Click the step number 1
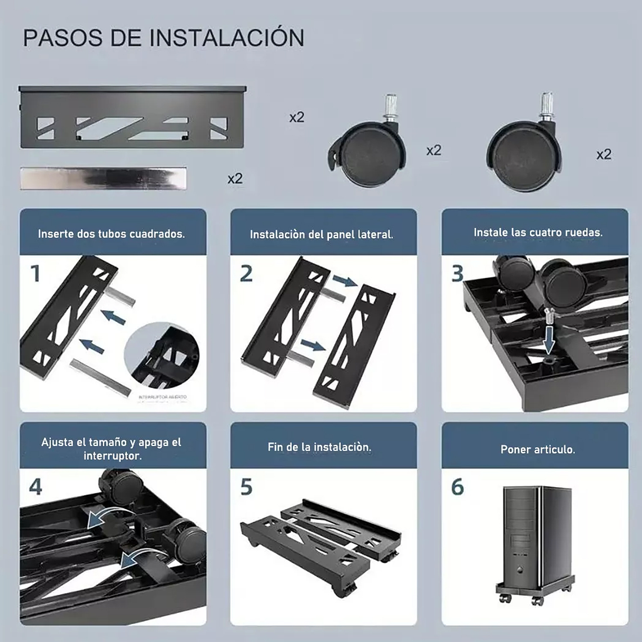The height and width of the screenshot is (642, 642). tap(35, 274)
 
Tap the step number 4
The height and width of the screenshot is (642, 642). tap(35, 487)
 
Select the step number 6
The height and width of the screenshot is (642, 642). tap(457, 487)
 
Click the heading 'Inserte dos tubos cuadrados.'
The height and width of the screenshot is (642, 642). tap(112, 234)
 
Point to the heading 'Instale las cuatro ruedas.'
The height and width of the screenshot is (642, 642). tap(538, 232)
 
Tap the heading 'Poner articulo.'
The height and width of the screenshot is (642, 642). tap(538, 449)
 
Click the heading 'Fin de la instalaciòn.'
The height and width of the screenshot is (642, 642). tap(319, 447)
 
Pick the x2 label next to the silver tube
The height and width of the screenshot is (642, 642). tap(235, 179)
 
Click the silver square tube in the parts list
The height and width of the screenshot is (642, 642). tap(103, 178)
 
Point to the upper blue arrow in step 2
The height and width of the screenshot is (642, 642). tap(344, 280)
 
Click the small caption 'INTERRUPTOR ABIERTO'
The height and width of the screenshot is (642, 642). tap(162, 397)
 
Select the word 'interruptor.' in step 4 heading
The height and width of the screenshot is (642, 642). tap(112, 456)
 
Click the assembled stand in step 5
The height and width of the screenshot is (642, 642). tap(321, 541)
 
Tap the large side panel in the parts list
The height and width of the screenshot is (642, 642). tap(132, 117)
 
